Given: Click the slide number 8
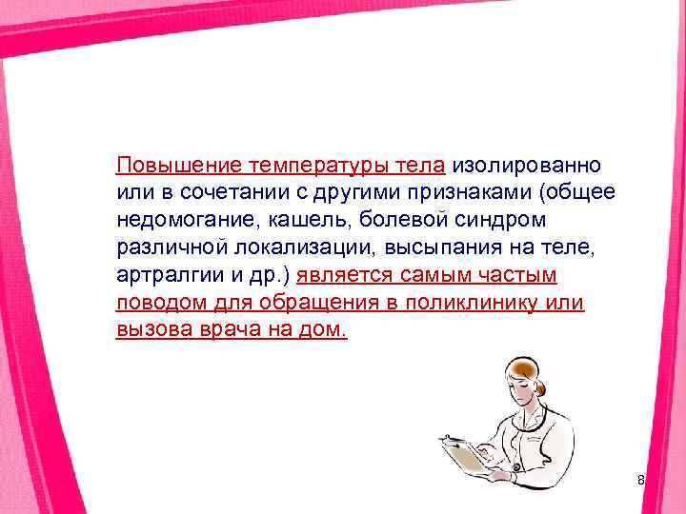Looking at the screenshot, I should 641,481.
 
